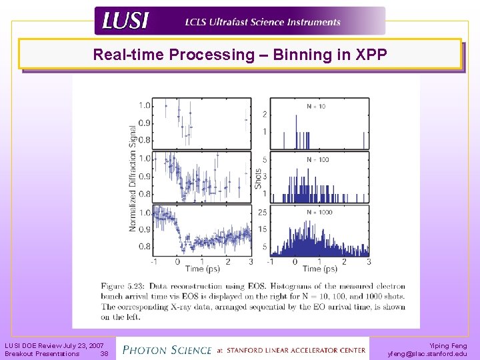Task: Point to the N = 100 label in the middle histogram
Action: coord(318,159)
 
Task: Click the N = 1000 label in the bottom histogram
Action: coord(319,212)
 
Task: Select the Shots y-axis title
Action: coord(259,177)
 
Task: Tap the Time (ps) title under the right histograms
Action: coord(321,269)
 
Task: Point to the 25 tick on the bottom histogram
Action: coord(264,213)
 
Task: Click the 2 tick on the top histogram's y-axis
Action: coord(265,114)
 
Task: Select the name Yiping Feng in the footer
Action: coord(449,345)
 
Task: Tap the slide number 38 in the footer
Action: coord(104,354)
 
